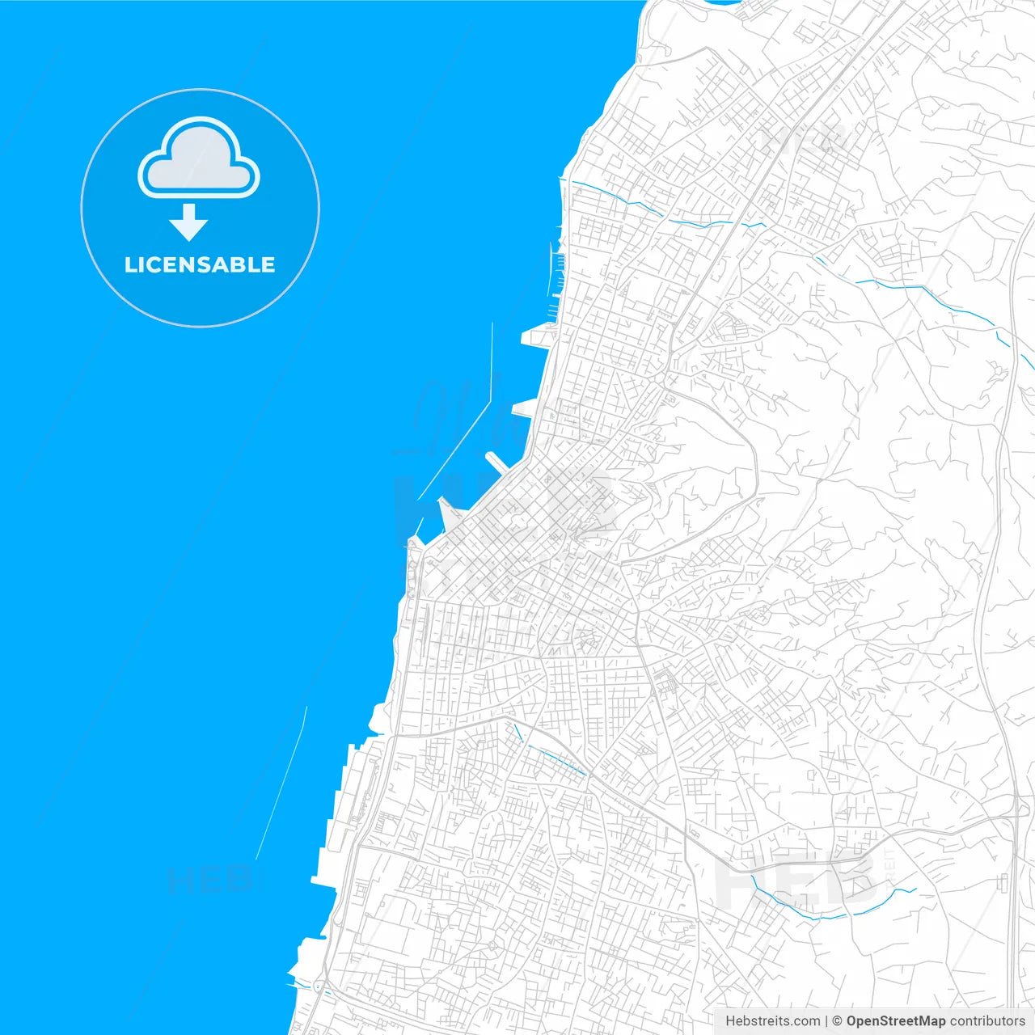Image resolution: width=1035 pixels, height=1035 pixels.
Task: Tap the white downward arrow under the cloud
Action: pyautogui.click(x=188, y=222)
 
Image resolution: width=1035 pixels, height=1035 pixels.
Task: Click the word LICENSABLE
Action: pyautogui.click(x=200, y=264)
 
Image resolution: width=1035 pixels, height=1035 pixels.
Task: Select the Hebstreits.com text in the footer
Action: pyautogui.click(x=772, y=1021)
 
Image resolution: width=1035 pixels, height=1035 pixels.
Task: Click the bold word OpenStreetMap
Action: pyautogui.click(x=895, y=1021)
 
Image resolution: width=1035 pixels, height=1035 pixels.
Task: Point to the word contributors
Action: pyautogui.click(x=986, y=1021)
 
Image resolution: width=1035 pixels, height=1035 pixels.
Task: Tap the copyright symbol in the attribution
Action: pyautogui.click(x=837, y=1021)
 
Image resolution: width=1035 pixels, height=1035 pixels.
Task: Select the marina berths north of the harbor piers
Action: pyautogui.click(x=556, y=275)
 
